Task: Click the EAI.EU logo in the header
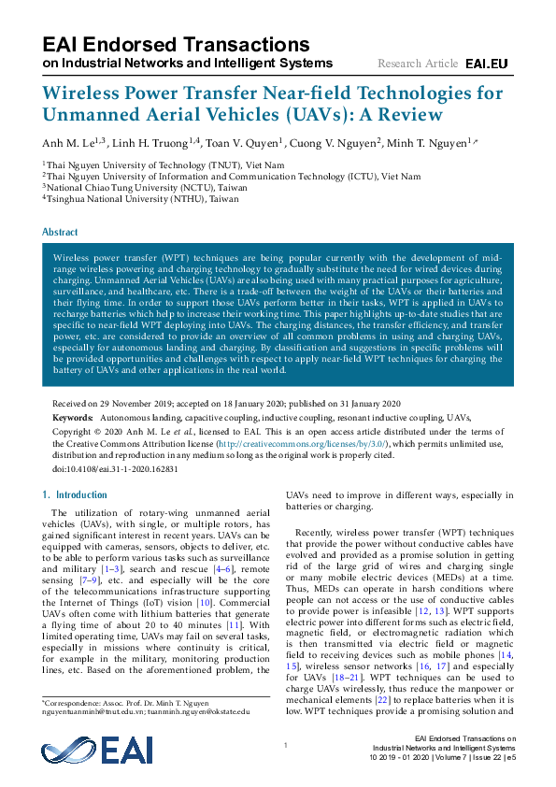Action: (486, 64)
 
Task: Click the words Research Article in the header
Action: (418, 64)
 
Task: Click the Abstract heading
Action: (61, 231)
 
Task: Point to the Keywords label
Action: (73, 417)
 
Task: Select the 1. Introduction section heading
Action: (76, 494)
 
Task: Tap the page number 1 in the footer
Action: (285, 745)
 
